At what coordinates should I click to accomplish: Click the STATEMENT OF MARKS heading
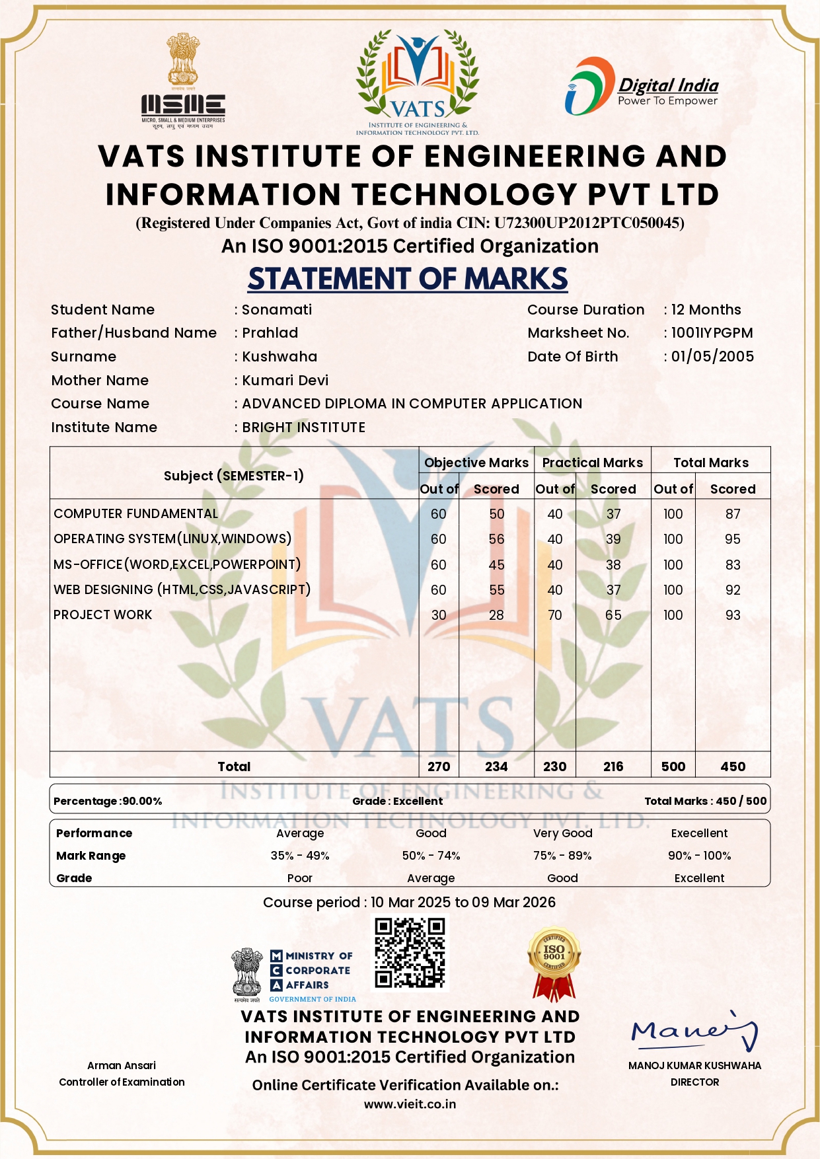408,279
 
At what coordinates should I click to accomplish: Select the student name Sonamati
277,310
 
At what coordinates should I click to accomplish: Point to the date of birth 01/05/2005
712,357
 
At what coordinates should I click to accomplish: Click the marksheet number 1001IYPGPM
712,333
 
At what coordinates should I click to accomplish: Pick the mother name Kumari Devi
285,381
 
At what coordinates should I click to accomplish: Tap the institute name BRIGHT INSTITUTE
303,428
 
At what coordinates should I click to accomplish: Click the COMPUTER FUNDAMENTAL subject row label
135,514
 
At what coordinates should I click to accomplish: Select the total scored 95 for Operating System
732,539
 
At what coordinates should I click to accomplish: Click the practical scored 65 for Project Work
613,615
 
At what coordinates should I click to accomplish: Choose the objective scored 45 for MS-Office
496,565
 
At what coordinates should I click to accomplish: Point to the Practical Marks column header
592,463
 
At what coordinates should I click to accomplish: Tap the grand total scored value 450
733,766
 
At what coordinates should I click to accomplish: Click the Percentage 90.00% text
108,801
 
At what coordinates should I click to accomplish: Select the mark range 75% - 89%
562,856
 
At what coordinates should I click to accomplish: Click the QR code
410,953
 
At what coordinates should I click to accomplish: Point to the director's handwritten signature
694,1031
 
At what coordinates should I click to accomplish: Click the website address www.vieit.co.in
410,1104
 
